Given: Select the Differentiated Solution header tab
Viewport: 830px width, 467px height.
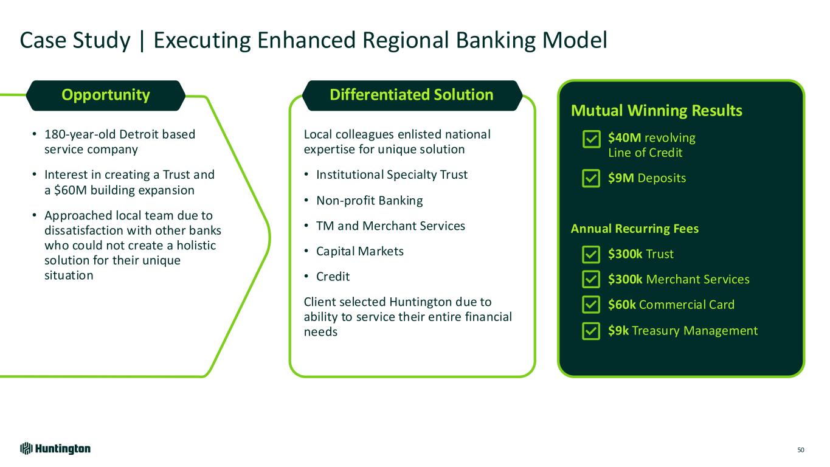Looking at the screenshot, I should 412,95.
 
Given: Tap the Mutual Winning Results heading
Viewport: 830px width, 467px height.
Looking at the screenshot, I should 657,111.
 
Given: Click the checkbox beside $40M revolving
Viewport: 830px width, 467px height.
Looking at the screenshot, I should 590,140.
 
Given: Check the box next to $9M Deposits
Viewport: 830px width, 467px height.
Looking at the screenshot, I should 590,178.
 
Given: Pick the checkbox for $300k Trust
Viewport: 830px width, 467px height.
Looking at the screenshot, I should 590,254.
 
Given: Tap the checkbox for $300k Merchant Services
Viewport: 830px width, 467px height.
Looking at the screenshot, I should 590,280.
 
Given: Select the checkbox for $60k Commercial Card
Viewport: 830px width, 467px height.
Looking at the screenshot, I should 590,305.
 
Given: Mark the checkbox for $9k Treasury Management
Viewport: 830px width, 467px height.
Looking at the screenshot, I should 590,331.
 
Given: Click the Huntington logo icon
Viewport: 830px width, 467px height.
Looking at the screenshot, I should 26,449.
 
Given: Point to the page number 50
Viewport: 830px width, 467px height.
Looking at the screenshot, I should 801,450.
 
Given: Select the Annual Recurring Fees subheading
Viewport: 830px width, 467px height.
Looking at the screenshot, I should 635,229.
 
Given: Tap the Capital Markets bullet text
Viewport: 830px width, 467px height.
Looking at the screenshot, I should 359,251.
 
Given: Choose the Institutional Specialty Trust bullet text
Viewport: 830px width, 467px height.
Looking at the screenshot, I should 392,175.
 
